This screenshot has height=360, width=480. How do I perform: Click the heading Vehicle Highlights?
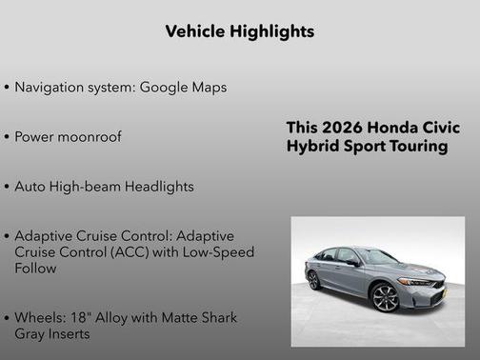240,31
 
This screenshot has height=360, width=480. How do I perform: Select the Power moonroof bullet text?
69,136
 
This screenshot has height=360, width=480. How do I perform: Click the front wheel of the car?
385,297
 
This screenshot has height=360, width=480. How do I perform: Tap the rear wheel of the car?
313,280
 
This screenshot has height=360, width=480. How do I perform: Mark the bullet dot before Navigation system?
8,87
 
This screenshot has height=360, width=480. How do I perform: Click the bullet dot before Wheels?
8,317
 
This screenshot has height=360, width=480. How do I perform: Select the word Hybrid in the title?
310,147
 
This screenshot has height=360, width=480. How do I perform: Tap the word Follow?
35,269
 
